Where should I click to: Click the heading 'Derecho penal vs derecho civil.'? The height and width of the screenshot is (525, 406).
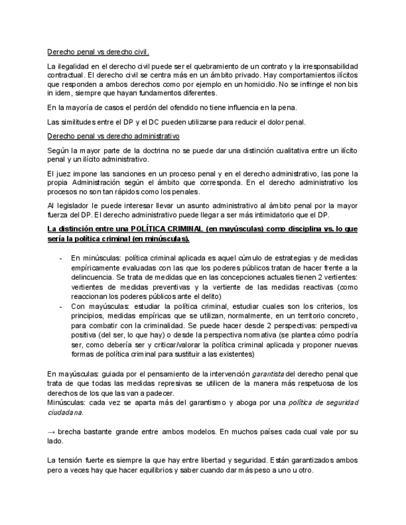[x=99, y=53]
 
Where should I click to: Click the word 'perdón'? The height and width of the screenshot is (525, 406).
[x=143, y=108]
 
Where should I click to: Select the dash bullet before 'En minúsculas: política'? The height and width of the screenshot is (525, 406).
[x=60, y=257]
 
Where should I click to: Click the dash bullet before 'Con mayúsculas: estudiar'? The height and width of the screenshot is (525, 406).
[x=60, y=306]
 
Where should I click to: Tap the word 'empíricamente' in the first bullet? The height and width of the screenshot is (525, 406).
[x=95, y=266]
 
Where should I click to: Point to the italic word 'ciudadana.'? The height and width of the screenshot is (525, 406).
[x=64, y=412]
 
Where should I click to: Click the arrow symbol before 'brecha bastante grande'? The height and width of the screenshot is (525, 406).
[x=51, y=431]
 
